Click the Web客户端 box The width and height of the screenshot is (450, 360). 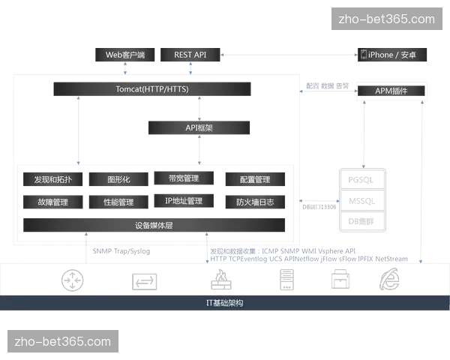tap(124, 55)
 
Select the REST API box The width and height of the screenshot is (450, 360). tap(190, 55)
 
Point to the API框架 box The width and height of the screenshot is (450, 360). tap(199, 128)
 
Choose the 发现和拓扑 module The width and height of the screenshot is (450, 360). tap(52, 180)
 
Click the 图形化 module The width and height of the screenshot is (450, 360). tap(118, 180)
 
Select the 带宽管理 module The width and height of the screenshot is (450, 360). tap(183, 178)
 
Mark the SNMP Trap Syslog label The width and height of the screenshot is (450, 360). tap(121, 253)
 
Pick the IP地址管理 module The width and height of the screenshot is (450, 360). tap(183, 201)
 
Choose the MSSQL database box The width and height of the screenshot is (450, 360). tap(361, 200)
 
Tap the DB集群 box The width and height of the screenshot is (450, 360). tap(361, 220)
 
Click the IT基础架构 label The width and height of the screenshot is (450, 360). tap(224, 303)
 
